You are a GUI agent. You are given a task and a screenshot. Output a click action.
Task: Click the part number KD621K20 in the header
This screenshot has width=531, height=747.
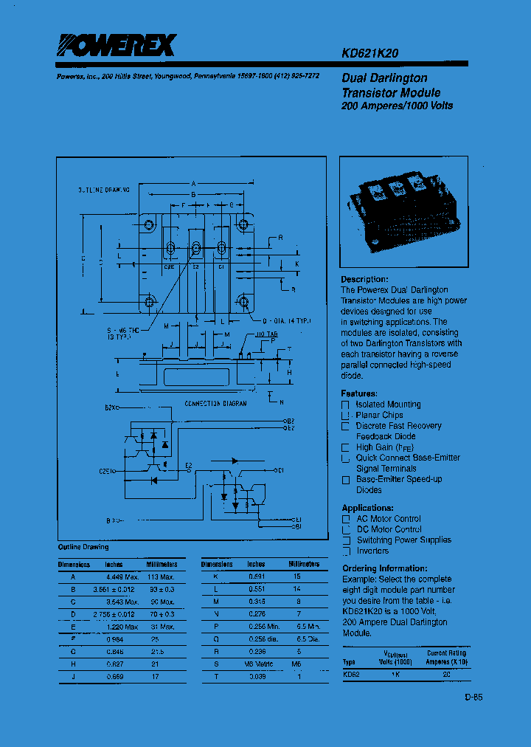[370, 53]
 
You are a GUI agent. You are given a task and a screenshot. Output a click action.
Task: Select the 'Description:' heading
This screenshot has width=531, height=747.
[364, 279]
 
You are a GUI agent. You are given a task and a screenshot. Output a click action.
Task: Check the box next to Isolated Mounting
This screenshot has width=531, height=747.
[345, 405]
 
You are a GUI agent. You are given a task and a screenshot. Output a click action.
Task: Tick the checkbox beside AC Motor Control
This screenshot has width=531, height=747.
[345, 519]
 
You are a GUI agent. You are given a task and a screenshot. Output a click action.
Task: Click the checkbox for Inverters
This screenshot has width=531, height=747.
[345, 551]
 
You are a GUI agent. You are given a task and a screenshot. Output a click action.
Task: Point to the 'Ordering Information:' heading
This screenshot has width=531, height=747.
[384, 568]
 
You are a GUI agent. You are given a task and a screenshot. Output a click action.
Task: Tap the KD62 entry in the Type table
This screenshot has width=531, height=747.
[350, 674]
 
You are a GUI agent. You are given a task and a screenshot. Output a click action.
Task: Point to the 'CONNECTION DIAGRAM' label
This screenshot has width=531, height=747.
[215, 404]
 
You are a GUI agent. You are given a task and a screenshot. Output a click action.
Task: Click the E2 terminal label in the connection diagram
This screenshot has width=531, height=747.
[189, 465]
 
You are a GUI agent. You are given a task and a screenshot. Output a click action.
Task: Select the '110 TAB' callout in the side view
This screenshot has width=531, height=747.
[256, 335]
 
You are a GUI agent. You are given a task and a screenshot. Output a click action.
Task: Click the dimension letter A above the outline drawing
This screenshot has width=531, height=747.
[193, 183]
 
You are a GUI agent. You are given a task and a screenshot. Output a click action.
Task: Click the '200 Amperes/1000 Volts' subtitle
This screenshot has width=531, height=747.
[397, 106]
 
